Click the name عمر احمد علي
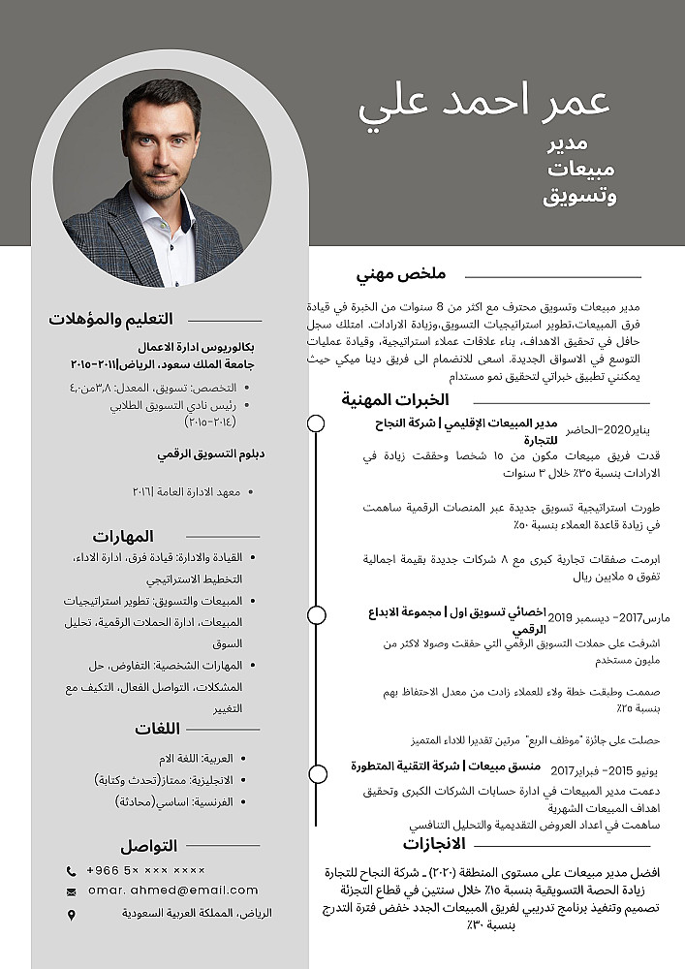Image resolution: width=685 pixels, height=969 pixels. (484, 104)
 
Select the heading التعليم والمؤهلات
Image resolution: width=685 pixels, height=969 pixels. (110, 319)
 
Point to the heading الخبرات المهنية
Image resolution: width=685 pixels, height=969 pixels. (394, 400)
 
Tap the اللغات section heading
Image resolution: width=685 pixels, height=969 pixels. (157, 729)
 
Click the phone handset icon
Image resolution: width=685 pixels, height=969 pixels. (72, 870)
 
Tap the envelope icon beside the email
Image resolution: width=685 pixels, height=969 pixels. (72, 891)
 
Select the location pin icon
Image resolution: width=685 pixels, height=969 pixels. (72, 914)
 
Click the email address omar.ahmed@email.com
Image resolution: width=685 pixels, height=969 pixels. (173, 891)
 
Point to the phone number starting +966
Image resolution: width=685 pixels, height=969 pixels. (146, 870)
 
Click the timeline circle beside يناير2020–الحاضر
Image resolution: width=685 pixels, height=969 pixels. (316, 423)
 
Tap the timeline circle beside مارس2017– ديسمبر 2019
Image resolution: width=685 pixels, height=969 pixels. (316, 614)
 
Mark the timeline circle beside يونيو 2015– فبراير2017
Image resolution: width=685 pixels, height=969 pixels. (316, 773)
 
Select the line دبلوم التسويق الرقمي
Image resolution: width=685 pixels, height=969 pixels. (211, 453)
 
